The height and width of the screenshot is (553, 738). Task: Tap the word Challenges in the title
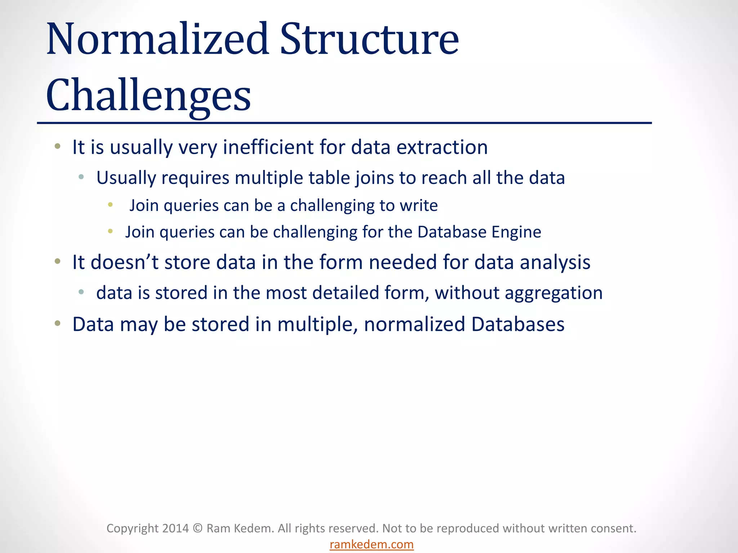pos(148,95)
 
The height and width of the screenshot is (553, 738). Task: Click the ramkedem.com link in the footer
pos(372,544)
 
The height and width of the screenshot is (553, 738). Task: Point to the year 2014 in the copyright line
pos(175,528)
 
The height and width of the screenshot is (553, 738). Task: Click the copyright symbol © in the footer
pos(197,528)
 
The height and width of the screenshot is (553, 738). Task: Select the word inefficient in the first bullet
pos(268,147)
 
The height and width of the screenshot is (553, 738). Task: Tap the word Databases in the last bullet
pos(517,324)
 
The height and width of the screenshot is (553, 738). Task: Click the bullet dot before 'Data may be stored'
pos(58,323)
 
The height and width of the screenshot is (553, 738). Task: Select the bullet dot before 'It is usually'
pos(58,146)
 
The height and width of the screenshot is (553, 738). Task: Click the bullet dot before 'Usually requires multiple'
pos(81,177)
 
